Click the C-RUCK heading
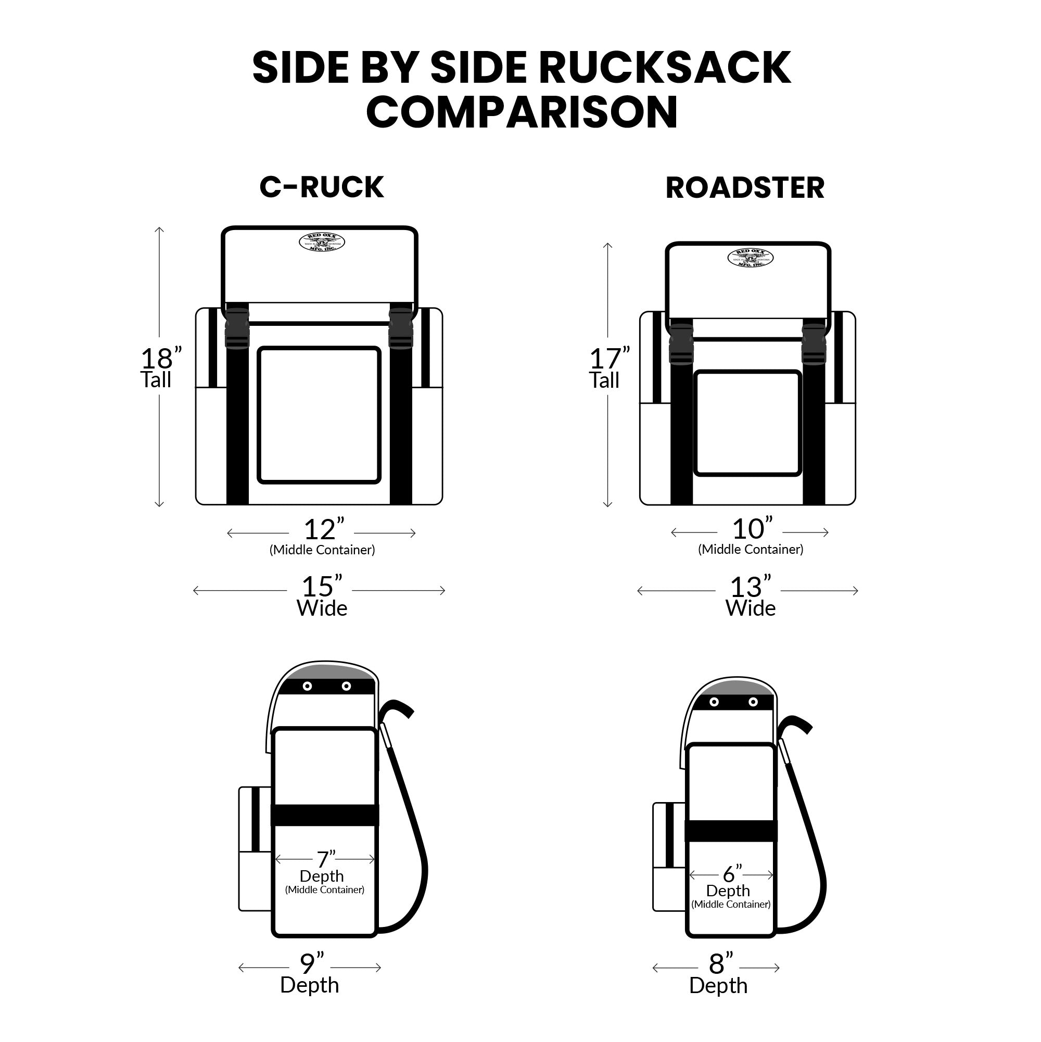pyautogui.click(x=322, y=187)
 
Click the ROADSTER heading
pyautogui.click(x=745, y=188)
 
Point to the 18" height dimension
pyautogui.click(x=160, y=358)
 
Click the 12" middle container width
pyautogui.click(x=323, y=529)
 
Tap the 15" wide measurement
pyautogui.click(x=322, y=586)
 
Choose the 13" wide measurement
pyautogui.click(x=750, y=587)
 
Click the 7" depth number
pyautogui.click(x=325, y=859)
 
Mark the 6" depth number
pyautogui.click(x=732, y=874)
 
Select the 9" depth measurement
pyautogui.click(x=311, y=964)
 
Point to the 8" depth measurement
pyautogui.click(x=720, y=964)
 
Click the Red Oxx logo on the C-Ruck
pyautogui.click(x=322, y=243)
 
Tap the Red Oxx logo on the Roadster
pyautogui.click(x=750, y=258)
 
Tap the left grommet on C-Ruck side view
pyautogui.click(x=308, y=686)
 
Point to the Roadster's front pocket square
pyautogui.click(x=747, y=423)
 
